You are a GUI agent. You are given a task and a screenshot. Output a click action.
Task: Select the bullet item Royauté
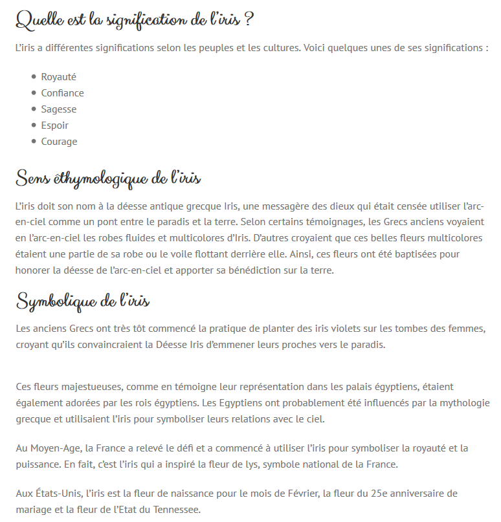58,76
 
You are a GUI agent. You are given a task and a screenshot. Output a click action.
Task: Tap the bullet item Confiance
62,92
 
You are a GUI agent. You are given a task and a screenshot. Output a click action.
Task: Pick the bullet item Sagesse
58,109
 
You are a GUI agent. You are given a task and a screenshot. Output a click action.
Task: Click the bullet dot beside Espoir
34,125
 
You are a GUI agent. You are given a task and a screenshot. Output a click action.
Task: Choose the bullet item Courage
59,142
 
